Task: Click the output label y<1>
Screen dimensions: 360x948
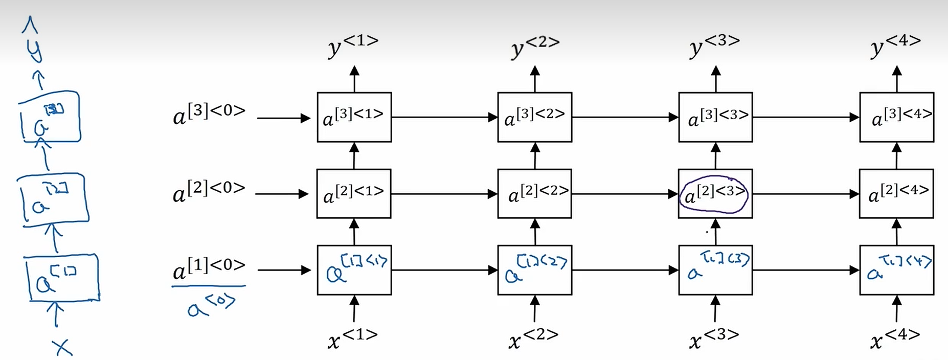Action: pos(353,45)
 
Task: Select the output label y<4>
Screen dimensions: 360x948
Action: pos(895,45)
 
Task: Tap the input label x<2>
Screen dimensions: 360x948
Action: pos(533,338)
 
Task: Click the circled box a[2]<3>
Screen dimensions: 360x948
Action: pos(715,194)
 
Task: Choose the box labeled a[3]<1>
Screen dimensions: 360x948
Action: pos(354,117)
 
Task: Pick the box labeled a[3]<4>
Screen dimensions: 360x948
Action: pos(896,117)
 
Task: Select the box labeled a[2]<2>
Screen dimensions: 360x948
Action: pos(534,194)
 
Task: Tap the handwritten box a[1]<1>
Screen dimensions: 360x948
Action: pos(354,270)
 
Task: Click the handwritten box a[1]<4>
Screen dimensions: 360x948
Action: pos(896,270)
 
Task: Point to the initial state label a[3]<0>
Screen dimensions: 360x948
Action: pos(209,115)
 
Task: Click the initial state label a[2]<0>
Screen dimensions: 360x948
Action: pos(209,191)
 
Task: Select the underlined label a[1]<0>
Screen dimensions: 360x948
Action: pos(209,268)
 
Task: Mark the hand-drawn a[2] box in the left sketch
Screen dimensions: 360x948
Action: pos(52,200)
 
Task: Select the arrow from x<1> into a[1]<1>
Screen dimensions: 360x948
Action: pos(354,309)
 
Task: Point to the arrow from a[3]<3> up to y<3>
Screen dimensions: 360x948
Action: pos(716,79)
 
